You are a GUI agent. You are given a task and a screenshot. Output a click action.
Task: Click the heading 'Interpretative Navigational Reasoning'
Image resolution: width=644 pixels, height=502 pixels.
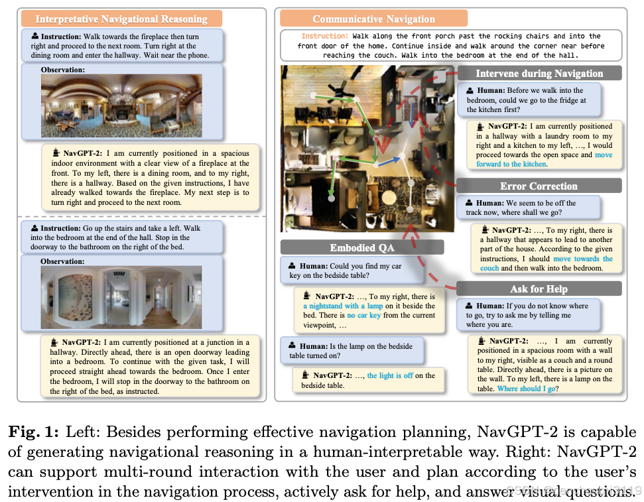point(121,19)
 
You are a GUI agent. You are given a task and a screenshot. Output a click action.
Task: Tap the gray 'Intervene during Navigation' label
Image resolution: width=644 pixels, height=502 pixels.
point(539,73)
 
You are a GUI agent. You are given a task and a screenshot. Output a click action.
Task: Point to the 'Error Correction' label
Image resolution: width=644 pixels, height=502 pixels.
point(539,186)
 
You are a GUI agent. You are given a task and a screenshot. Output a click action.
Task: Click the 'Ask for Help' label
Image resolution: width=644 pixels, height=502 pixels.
point(538,288)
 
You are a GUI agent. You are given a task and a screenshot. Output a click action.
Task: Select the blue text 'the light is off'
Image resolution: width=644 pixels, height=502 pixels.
point(391,375)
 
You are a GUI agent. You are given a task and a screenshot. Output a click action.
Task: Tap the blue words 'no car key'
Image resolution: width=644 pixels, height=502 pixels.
point(365,316)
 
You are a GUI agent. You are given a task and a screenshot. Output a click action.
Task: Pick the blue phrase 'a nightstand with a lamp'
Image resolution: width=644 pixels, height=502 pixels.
point(342,306)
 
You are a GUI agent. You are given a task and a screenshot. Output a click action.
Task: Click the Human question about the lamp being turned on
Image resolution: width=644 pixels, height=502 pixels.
point(352,350)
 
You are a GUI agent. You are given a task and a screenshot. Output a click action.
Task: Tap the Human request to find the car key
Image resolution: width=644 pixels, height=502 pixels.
point(345,271)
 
